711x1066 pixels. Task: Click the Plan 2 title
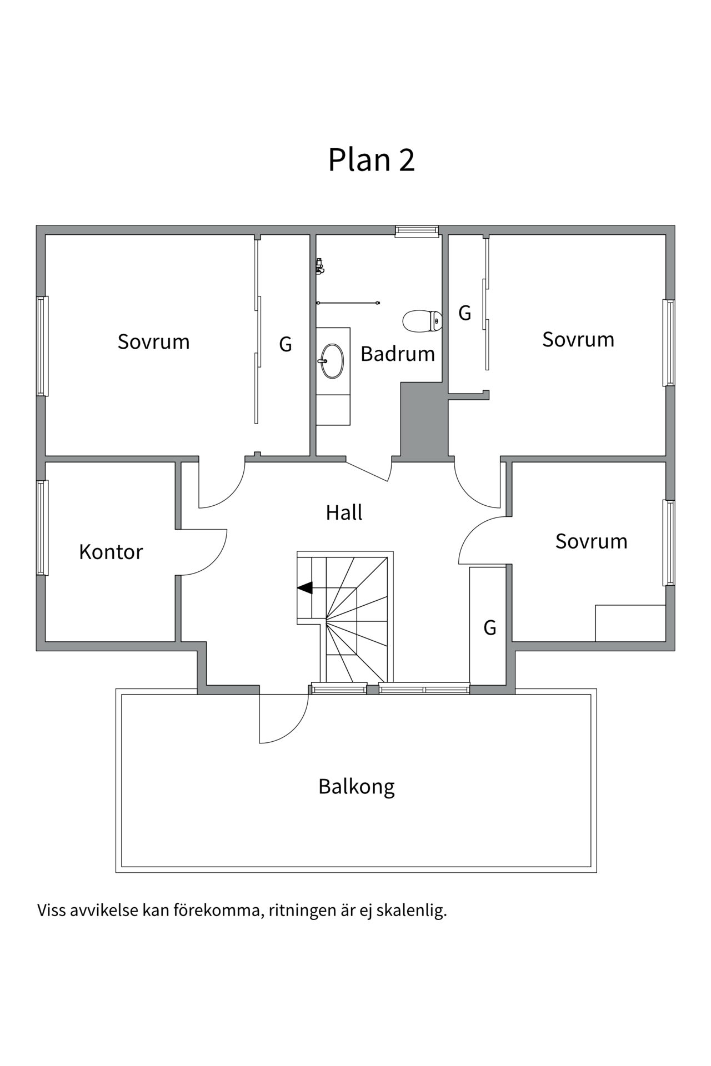click(x=371, y=160)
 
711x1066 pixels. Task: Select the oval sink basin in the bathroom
click(x=332, y=361)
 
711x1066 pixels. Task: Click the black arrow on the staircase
click(x=305, y=587)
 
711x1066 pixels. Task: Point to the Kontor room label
click(x=111, y=552)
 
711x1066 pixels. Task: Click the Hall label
click(x=344, y=512)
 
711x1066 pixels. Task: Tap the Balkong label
click(x=356, y=787)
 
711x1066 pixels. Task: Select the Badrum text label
click(x=397, y=354)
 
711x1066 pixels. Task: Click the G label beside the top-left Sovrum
click(x=285, y=345)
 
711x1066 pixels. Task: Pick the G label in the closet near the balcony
click(x=489, y=628)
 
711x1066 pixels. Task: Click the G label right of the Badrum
click(x=464, y=314)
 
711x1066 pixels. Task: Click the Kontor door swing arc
click(x=214, y=561)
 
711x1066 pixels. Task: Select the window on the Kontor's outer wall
click(x=42, y=527)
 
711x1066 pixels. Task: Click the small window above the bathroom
click(x=417, y=231)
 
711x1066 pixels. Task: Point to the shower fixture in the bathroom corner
click(x=319, y=266)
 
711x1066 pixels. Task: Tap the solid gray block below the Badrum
click(x=424, y=421)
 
